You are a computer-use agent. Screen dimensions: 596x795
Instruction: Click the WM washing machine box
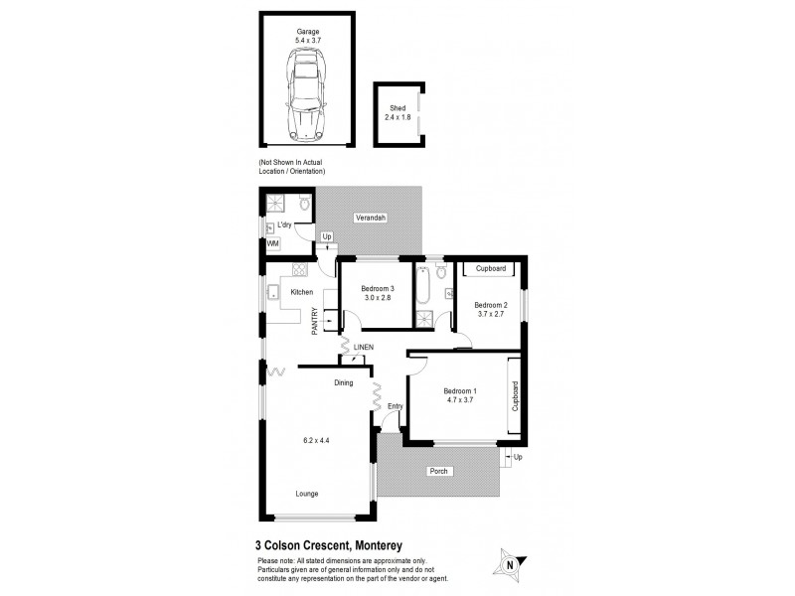point(272,243)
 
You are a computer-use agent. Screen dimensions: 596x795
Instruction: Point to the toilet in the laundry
point(306,205)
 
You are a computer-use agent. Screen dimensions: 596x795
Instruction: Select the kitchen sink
point(271,291)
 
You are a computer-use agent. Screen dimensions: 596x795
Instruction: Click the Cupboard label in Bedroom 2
point(492,269)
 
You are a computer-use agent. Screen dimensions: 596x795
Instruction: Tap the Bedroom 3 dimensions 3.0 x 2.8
point(372,299)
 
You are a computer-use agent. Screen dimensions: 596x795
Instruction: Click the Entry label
point(396,405)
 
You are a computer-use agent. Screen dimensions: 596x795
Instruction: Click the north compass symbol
point(510,562)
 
